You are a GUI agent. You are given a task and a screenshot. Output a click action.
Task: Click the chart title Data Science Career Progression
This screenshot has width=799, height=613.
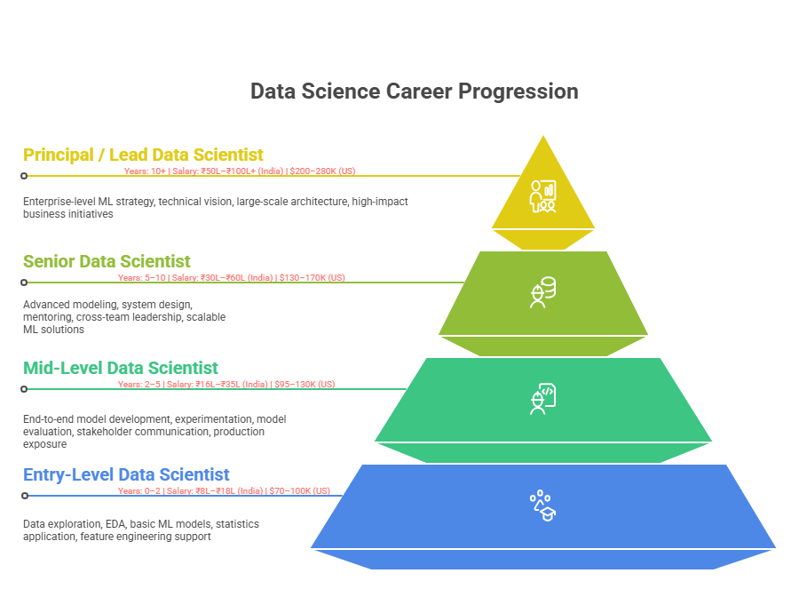coord(414,92)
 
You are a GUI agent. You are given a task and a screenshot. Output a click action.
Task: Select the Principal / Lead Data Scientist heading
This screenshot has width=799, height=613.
coord(143,155)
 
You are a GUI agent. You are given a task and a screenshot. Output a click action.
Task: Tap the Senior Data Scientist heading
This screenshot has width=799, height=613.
coord(107,261)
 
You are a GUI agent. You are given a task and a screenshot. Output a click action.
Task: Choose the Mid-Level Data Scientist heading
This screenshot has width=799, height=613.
coord(121,368)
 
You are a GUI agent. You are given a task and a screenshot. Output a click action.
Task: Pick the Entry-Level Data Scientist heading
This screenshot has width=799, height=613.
coord(126,474)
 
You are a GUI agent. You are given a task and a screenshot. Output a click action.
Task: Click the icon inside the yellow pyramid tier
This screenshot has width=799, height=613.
coord(542,195)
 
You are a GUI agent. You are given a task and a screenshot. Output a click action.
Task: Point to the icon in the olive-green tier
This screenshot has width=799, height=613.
coord(542,292)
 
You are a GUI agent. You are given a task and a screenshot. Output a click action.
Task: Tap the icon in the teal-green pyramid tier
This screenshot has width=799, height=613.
coord(542,399)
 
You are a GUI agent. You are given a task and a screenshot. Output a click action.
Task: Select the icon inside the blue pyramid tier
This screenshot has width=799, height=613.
coord(542,506)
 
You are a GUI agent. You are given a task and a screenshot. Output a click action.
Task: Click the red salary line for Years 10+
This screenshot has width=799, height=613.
coord(240,171)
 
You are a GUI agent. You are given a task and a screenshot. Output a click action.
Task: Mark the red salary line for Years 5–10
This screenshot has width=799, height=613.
coord(231,277)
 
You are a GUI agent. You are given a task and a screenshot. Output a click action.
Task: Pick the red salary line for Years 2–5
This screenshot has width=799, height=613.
coord(226,384)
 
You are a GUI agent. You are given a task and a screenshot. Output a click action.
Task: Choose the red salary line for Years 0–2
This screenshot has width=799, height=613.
coord(224,490)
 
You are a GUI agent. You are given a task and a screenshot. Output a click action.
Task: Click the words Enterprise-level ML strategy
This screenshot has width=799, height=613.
coord(89,202)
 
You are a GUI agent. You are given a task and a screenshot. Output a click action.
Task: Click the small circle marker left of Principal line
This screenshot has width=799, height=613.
coord(24,176)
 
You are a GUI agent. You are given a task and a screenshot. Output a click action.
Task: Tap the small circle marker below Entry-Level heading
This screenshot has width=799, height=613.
coord(24,496)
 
